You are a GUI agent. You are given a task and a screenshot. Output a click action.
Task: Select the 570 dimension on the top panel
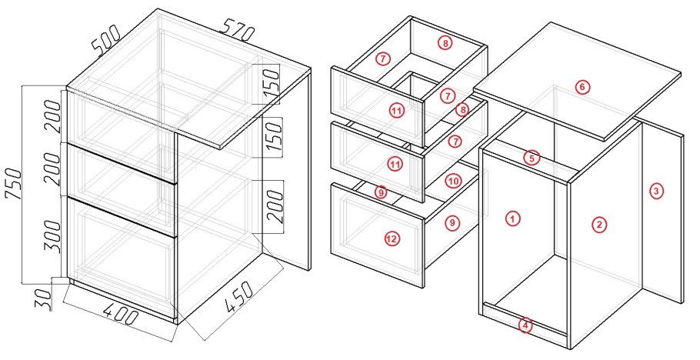tap(238, 30)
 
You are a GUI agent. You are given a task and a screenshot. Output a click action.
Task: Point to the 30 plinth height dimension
tap(43, 300)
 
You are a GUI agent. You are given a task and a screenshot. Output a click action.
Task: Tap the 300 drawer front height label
tap(53, 237)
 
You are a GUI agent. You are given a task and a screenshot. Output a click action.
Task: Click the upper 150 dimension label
tap(271, 85)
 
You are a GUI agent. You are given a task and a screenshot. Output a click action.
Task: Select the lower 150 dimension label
tap(274, 140)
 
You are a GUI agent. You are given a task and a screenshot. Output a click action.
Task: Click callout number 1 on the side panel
tap(513, 218)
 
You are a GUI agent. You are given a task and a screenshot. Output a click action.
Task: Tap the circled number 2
tap(599, 225)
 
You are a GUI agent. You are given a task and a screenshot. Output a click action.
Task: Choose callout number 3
tap(656, 192)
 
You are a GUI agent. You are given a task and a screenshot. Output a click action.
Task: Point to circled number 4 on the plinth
tap(525, 325)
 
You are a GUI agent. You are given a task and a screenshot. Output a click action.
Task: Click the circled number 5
tap(532, 158)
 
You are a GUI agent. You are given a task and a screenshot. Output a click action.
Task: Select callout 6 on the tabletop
tap(582, 87)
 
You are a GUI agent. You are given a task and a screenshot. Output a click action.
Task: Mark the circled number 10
tap(453, 181)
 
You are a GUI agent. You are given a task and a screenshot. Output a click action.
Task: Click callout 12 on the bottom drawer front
tap(392, 239)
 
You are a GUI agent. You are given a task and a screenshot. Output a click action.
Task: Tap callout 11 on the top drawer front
tap(396, 110)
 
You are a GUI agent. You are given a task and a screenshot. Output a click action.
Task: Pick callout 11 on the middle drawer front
tap(394, 165)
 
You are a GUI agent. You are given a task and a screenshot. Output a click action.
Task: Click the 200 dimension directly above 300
tap(53, 169)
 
